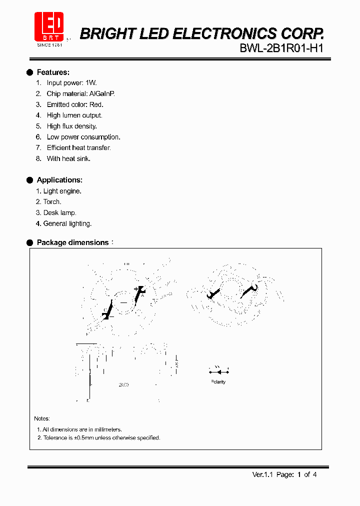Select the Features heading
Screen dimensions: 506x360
(x=53, y=72)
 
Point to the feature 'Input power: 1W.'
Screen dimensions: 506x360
(x=71, y=83)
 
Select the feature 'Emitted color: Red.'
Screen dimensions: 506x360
(x=75, y=104)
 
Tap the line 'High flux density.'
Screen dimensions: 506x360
(x=71, y=126)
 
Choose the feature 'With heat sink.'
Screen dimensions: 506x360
(x=68, y=158)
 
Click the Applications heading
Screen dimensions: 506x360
(x=59, y=180)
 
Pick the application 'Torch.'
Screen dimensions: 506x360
(x=52, y=202)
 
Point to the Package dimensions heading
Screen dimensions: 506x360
(x=72, y=242)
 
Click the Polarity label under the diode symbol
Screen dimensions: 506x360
(x=218, y=382)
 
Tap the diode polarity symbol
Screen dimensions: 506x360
(x=218, y=371)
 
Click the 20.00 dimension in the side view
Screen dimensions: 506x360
(x=123, y=385)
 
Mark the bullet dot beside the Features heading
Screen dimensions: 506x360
(x=29, y=72)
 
